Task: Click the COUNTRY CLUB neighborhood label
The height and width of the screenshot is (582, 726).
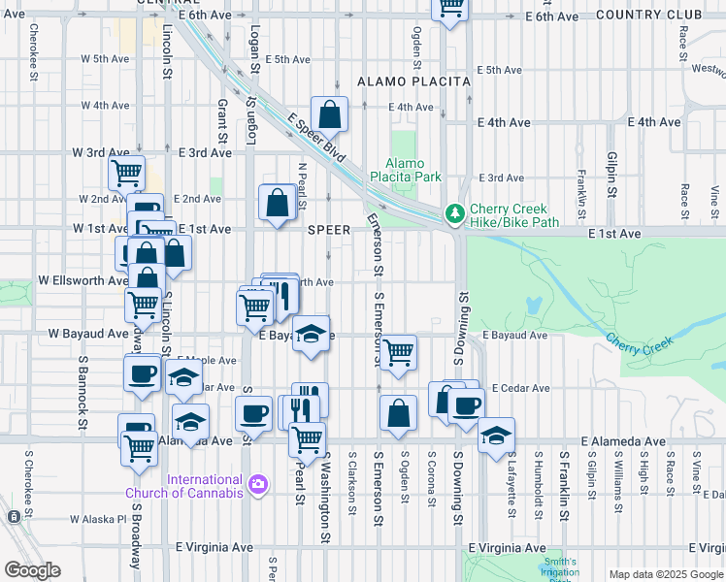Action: click(648, 15)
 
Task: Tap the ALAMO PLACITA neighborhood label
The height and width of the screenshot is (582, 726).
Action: click(413, 82)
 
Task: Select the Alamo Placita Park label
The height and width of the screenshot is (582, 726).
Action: click(413, 170)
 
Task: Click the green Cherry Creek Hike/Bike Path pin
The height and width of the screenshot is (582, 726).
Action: click(452, 213)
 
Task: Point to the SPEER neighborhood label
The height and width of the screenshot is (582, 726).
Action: click(328, 230)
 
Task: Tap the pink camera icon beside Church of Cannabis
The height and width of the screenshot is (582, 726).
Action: click(257, 483)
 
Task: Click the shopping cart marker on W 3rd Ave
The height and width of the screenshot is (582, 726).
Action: click(127, 173)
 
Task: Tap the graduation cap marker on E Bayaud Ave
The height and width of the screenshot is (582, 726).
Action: click(311, 334)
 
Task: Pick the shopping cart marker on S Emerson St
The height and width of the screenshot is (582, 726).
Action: click(398, 352)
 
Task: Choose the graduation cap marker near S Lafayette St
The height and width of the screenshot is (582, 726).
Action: click(496, 435)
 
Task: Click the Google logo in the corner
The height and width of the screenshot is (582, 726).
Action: click(32, 570)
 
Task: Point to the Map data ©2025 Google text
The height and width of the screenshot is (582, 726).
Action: click(665, 574)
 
